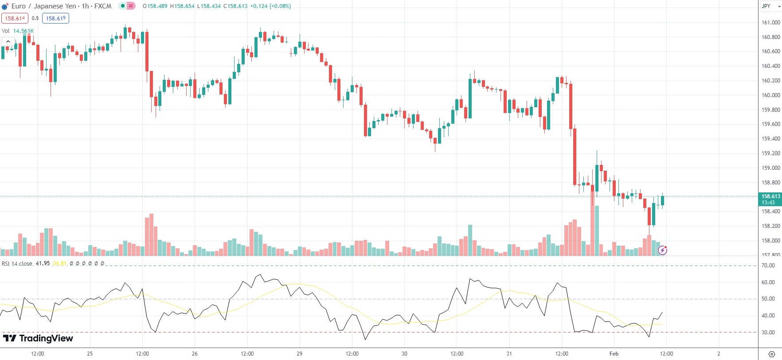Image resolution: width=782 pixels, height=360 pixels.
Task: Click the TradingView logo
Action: pos(38,338)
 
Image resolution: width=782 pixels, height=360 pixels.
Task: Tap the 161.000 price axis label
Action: pos(770,23)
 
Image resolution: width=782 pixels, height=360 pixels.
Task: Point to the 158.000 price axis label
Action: pos(770,241)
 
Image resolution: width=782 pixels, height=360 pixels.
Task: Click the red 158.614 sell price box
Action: pos(15,19)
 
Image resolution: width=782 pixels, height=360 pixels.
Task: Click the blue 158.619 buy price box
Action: pos(56,19)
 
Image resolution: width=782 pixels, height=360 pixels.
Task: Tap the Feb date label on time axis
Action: pos(614,354)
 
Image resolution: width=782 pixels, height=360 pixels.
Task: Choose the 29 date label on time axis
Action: pos(300,354)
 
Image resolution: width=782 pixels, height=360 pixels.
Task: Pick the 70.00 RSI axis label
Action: pos(768,266)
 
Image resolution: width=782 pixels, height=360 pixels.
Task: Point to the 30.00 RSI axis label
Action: pos(768,333)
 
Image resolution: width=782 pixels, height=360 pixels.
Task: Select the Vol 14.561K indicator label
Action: pos(18,31)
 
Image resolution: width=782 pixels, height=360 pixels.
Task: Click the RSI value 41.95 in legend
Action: pos(43,263)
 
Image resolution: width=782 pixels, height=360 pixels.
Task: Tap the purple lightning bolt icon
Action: pos(662,250)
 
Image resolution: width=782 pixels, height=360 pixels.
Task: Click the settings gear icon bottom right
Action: pos(771,354)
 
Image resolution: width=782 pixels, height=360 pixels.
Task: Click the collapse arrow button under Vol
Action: pos(8,42)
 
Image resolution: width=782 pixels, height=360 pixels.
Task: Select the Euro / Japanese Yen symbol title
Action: pos(43,6)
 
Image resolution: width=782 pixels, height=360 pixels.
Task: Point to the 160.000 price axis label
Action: pos(770,95)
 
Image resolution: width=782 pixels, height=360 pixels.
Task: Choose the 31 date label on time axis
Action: pos(509,354)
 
